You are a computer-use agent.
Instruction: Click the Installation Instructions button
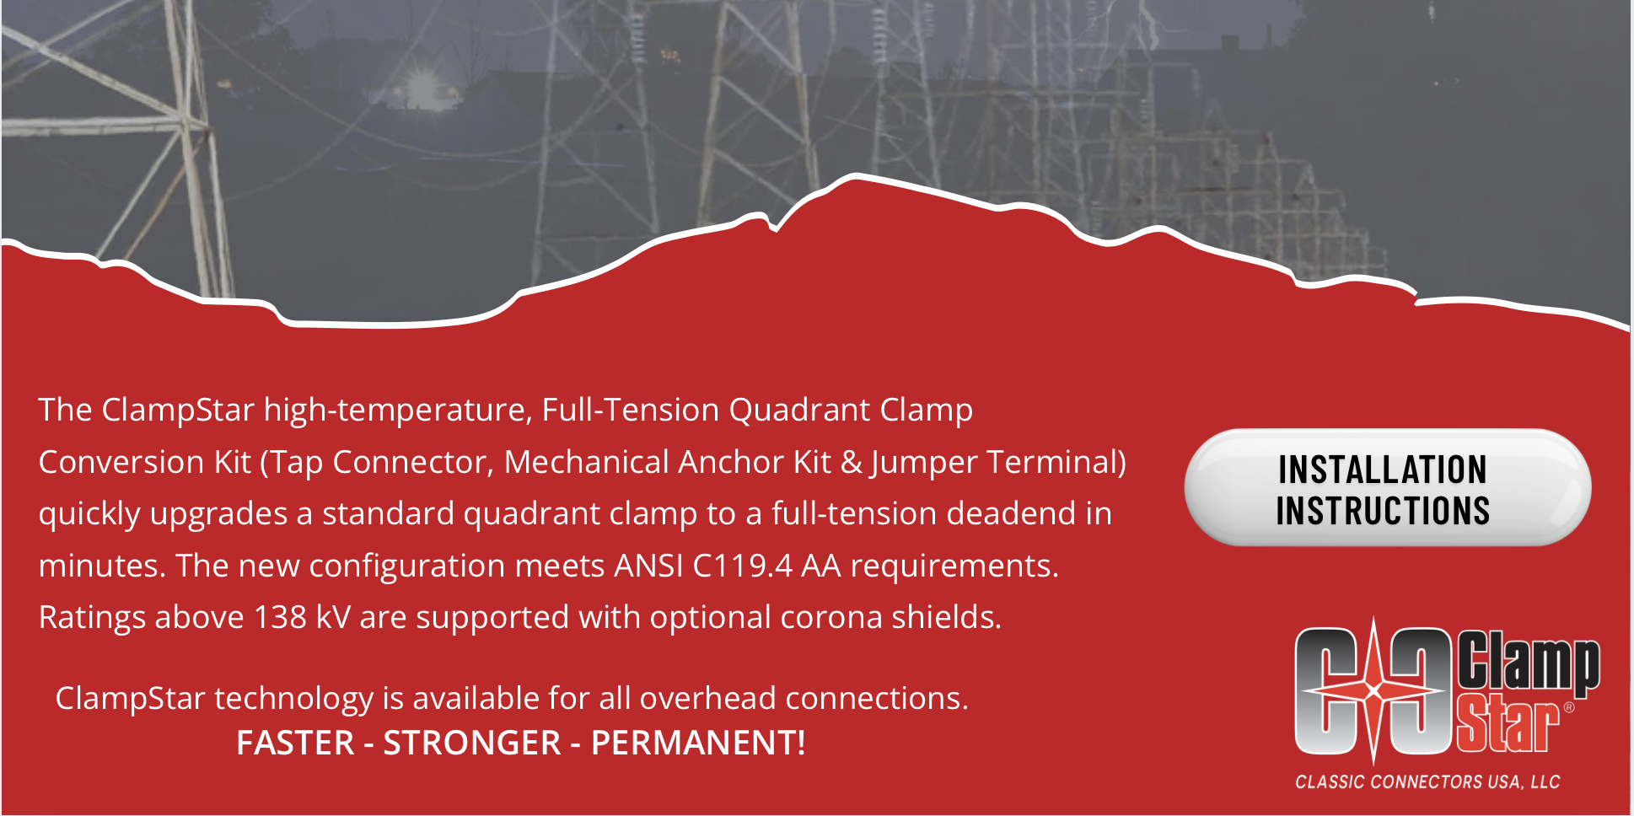click(1387, 488)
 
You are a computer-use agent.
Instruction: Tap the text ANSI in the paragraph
click(648, 566)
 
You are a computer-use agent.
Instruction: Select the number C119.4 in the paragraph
click(742, 566)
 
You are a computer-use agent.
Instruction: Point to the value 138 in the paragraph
click(280, 617)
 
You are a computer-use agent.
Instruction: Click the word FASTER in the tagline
click(295, 743)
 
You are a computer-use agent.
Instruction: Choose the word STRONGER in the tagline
click(472, 743)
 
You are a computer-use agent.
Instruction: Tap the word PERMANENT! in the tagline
click(698, 743)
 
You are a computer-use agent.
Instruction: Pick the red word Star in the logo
click(1508, 724)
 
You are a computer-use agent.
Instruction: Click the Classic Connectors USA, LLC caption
click(1427, 782)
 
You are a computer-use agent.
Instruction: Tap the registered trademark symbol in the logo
click(1569, 707)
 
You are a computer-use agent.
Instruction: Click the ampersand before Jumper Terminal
click(852, 463)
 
